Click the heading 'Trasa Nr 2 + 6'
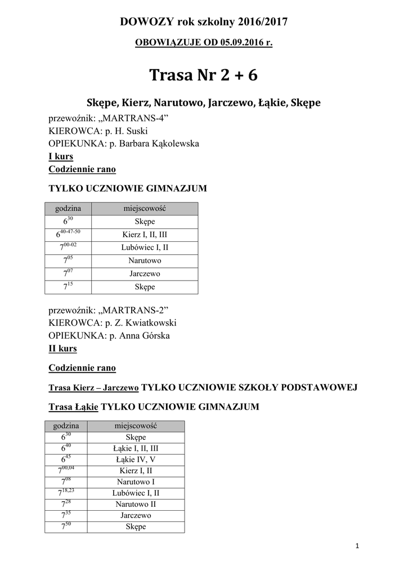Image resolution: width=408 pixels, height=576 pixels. click(204, 75)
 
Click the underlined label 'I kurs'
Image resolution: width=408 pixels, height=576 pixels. click(61, 156)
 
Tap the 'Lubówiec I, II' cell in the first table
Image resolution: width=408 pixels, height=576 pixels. click(145, 247)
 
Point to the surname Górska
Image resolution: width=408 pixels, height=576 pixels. click(154, 336)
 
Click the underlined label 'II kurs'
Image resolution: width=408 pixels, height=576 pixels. click(62, 349)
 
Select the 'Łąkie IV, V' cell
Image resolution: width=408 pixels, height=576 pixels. click(136, 460)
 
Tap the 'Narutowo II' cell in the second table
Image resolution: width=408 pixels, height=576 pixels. click(136, 504)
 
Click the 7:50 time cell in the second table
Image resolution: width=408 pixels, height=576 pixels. click(66, 526)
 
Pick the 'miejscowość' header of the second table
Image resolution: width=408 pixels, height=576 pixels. click(136, 426)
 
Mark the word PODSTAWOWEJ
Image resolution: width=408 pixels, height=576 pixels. click(321, 388)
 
